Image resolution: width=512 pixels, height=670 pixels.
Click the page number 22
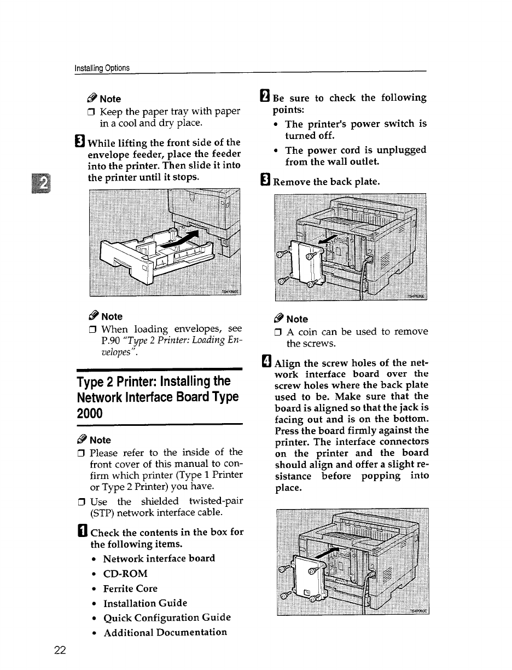pos(60,650)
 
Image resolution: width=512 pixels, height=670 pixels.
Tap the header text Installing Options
pos(102,68)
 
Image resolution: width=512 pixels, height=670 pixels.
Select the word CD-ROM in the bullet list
pos(125,574)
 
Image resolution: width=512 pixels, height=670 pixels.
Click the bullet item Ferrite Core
pos(130,588)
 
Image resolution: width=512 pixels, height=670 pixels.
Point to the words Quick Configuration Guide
pos(167,617)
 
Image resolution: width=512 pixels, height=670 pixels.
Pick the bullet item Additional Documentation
pos(165,632)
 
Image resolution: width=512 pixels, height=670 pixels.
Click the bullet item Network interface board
pos(159,558)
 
